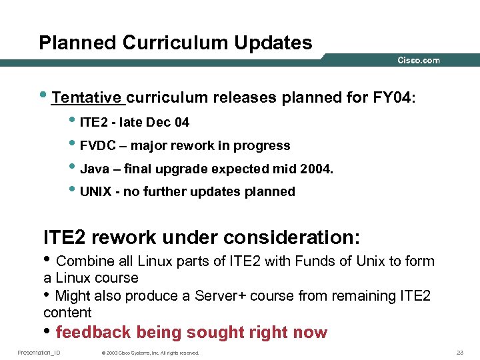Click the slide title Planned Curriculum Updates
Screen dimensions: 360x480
pyautogui.click(x=175, y=43)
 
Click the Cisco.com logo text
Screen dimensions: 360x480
pyautogui.click(x=419, y=61)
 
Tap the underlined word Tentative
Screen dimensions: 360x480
pyautogui.click(x=89, y=97)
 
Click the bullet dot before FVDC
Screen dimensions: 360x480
pyautogui.click(x=73, y=145)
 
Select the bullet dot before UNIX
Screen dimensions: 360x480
pyautogui.click(x=73, y=191)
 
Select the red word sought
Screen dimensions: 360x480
pyautogui.click(x=215, y=332)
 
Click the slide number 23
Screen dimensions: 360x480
pyautogui.click(x=459, y=352)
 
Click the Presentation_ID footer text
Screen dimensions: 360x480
pyautogui.click(x=39, y=352)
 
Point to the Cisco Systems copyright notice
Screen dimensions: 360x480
pyautogui.click(x=149, y=353)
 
